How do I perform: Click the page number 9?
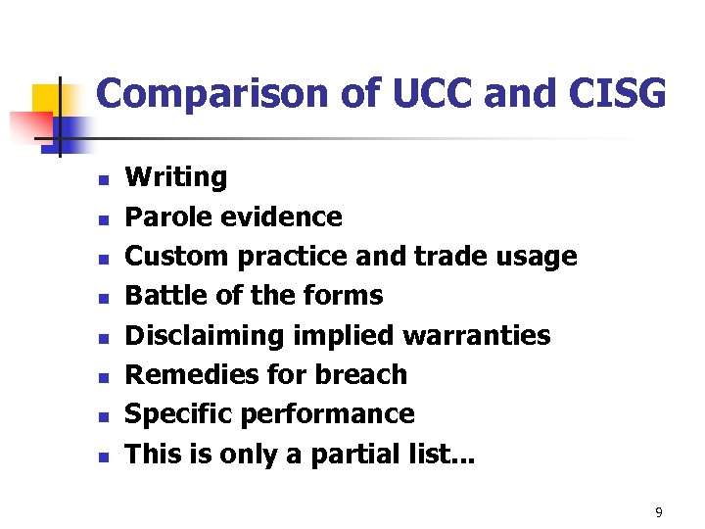(659, 512)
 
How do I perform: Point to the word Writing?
(176, 177)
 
